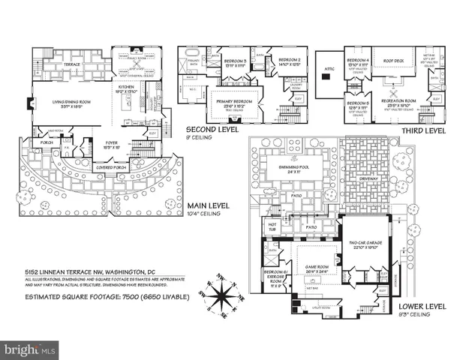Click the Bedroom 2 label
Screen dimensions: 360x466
click(290, 60)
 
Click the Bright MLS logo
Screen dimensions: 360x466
click(30, 350)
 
